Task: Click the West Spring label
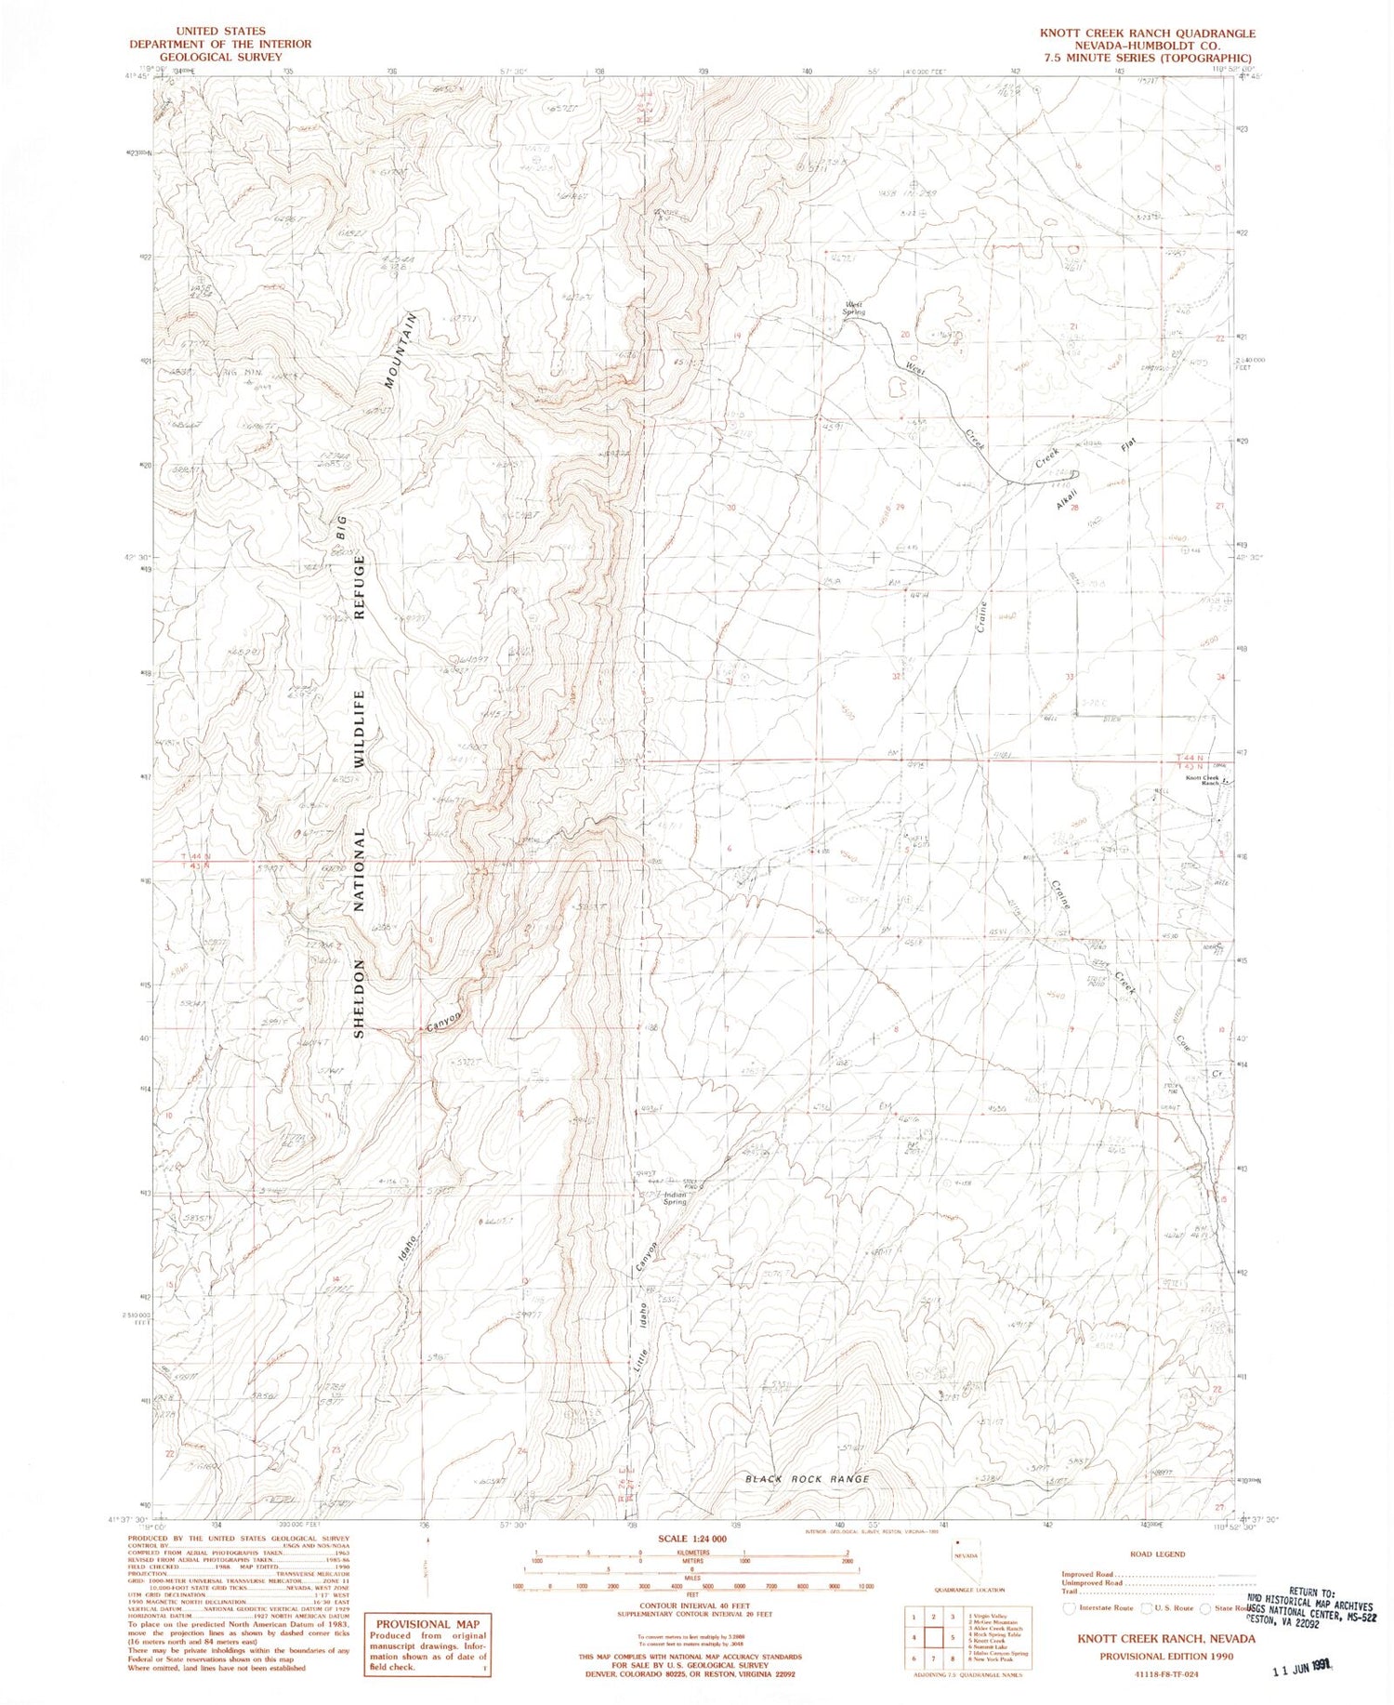[x=854, y=308]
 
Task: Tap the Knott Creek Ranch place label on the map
[x=1202, y=780]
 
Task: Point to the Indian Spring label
[x=675, y=1198]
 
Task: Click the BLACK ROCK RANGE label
[x=808, y=1478]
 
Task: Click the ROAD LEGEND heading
[x=1157, y=1553]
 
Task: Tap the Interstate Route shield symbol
[x=1070, y=1607]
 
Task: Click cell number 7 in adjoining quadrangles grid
[x=934, y=1658]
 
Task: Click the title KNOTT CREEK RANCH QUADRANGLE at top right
[x=1147, y=33]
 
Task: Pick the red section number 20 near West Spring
[x=905, y=335]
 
